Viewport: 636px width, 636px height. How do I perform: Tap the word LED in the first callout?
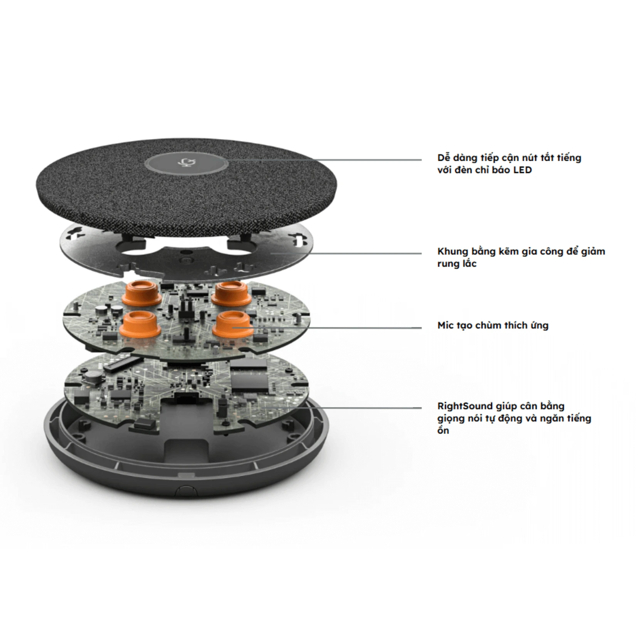[522, 170]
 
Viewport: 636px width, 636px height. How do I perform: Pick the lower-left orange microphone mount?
[138, 325]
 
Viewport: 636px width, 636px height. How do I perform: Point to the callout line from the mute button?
[328, 160]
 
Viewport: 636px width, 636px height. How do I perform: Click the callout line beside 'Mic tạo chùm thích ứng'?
[347, 328]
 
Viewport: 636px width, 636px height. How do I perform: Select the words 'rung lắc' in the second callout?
[457, 264]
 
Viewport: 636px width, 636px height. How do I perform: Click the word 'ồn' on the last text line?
[443, 431]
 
